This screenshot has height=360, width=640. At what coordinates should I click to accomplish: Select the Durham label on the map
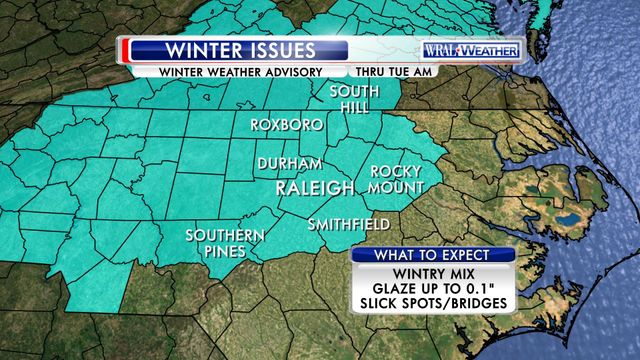289,164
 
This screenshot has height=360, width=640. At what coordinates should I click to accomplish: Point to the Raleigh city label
316,188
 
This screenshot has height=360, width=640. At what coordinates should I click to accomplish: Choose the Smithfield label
348,222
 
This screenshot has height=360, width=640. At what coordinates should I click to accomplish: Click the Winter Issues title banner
240,50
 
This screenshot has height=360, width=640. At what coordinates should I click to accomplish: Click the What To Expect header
432,255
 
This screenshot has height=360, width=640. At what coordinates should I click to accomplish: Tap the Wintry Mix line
432,271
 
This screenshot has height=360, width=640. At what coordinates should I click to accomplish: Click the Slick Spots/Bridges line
432,302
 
